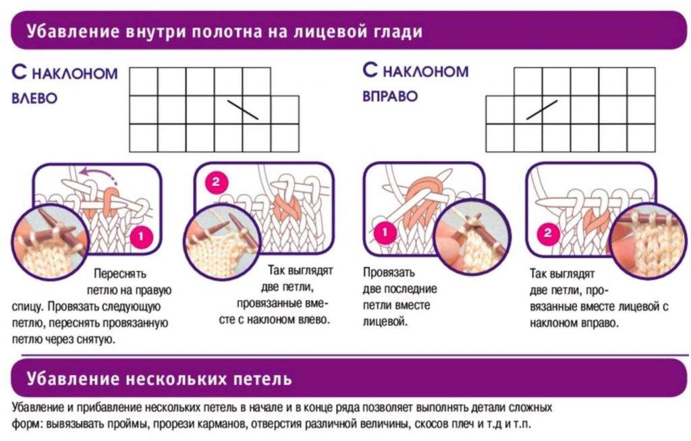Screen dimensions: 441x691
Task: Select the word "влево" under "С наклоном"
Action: (34, 98)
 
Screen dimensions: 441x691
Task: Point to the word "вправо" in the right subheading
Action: (390, 96)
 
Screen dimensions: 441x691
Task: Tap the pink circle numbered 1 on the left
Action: (142, 237)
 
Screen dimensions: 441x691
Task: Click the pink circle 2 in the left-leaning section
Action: (216, 181)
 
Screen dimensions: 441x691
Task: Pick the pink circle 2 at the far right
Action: (548, 234)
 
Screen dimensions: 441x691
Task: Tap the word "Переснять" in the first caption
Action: (120, 274)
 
